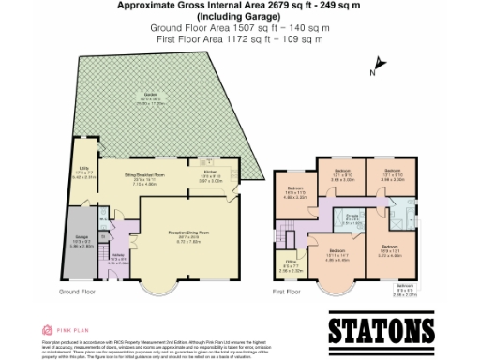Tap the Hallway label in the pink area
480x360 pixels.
(117, 261)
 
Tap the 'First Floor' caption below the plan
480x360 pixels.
(289, 292)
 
